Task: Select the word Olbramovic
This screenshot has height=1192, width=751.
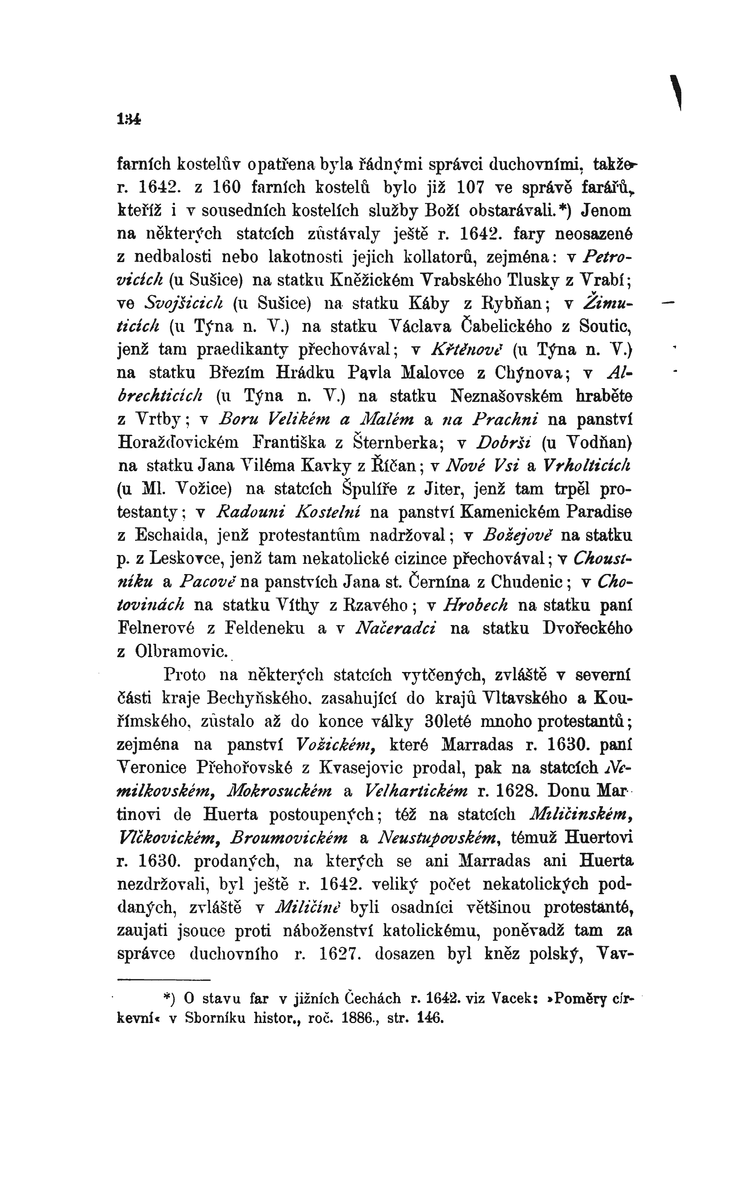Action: point(181,651)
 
